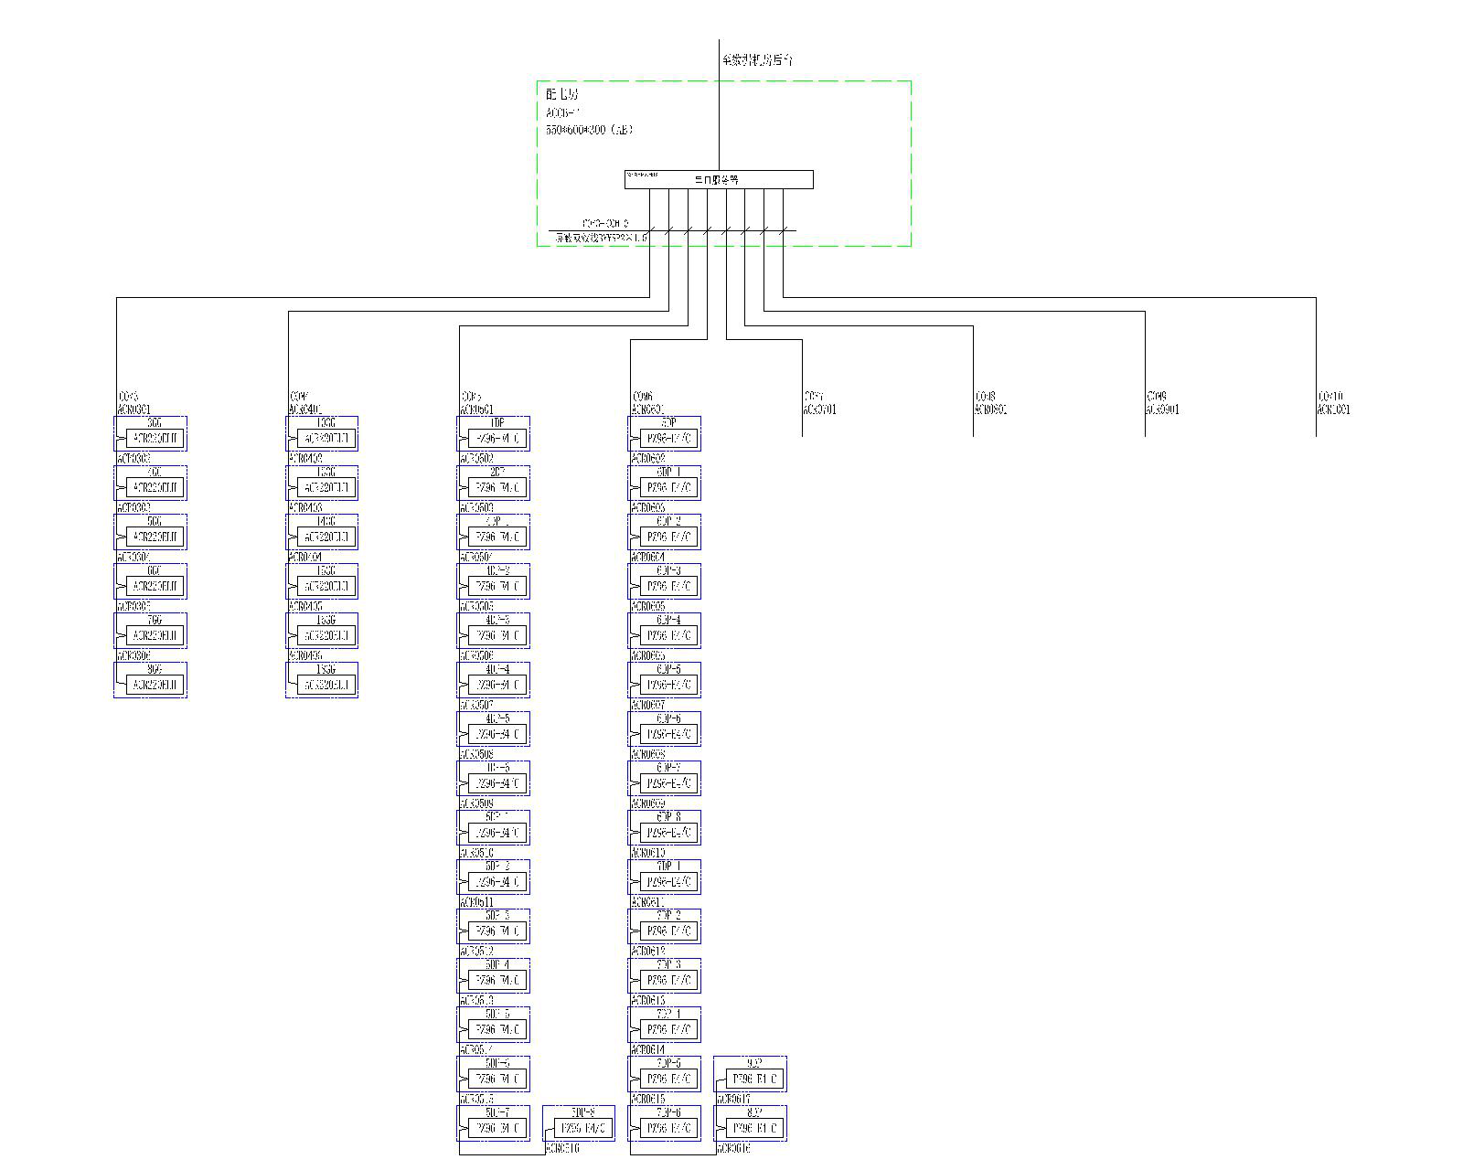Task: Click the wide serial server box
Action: [719, 180]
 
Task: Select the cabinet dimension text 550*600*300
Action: [589, 130]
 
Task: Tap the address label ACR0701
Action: [820, 409]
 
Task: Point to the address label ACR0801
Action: [991, 409]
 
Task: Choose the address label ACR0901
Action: [1162, 409]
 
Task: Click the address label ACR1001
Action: [1333, 409]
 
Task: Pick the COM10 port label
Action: [1330, 397]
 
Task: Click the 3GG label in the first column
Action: [155, 423]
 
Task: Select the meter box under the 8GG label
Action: [155, 685]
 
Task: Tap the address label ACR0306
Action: [133, 656]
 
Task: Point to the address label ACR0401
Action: [305, 409]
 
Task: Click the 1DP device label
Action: [497, 423]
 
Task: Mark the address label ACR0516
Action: [562, 1148]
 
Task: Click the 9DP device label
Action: [754, 1063]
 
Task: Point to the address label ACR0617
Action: [734, 1099]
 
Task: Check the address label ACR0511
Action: [476, 902]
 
